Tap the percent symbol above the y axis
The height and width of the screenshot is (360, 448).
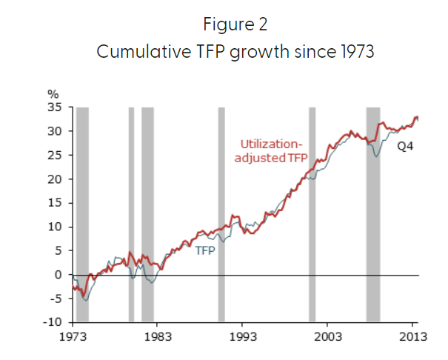(53, 95)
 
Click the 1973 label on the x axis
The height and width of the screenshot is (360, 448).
(75, 336)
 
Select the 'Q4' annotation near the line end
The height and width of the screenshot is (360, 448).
(404, 147)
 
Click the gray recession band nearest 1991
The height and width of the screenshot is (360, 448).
(221, 215)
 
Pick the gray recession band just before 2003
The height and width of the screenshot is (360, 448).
(312, 215)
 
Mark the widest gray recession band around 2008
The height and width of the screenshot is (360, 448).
(373, 215)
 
